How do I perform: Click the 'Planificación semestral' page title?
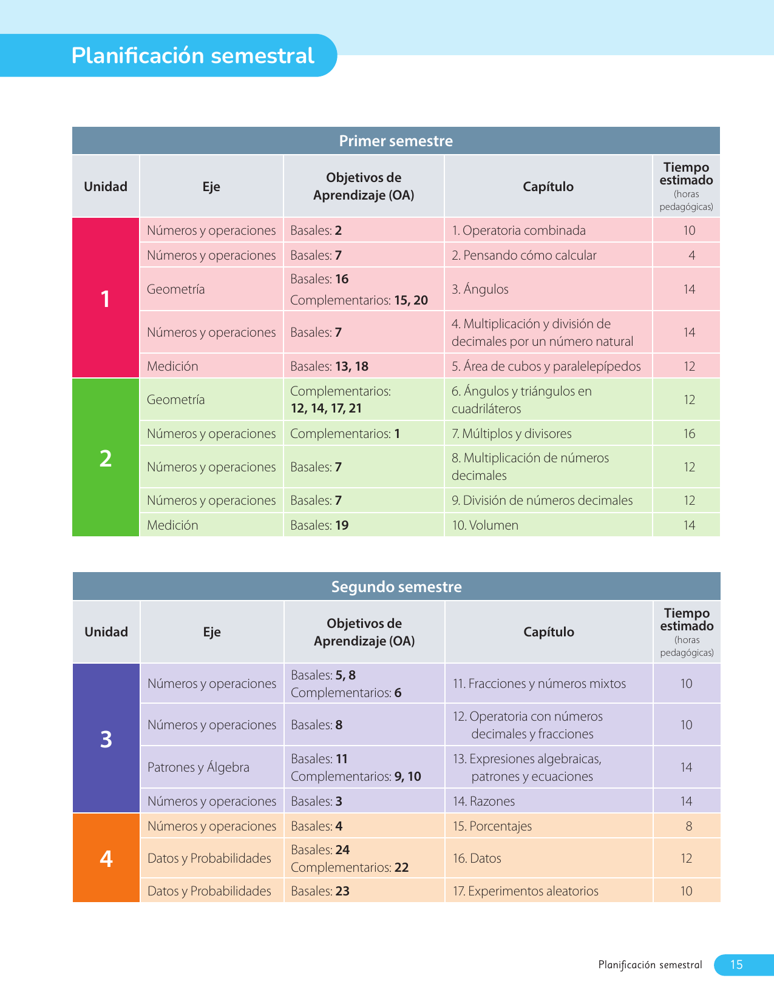(x=192, y=56)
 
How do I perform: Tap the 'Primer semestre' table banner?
(x=396, y=141)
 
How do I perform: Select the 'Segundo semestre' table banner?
(x=396, y=587)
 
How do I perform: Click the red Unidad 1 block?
(x=106, y=298)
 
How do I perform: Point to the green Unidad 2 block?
(x=106, y=458)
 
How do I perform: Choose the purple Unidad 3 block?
(x=106, y=739)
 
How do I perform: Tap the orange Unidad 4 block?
(x=106, y=858)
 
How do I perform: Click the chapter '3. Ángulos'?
(x=480, y=289)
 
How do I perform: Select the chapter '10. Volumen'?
(x=485, y=525)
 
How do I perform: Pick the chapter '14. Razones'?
(x=484, y=801)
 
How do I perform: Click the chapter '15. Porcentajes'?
(x=492, y=826)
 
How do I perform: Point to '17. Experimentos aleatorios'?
(x=526, y=891)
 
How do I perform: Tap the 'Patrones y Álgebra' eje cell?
(x=199, y=767)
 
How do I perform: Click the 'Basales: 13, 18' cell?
(x=330, y=366)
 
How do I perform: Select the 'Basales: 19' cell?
(x=320, y=525)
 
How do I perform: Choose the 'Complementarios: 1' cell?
(x=345, y=434)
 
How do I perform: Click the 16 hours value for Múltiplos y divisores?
(x=689, y=434)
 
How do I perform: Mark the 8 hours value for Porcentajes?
(x=689, y=826)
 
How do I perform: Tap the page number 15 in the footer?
(x=736, y=965)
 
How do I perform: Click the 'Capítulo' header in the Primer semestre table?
(x=548, y=187)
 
